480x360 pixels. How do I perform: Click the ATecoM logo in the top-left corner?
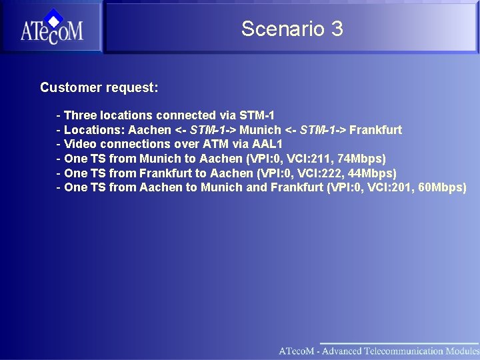coord(51,27)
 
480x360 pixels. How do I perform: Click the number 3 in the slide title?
coord(336,29)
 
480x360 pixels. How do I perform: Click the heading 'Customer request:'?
coord(99,87)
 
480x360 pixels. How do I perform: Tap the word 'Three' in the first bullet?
coord(80,115)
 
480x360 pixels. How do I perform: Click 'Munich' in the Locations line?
coord(260,130)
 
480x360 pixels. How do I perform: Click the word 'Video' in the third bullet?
coord(79,144)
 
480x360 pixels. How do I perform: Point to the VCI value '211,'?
coord(325,159)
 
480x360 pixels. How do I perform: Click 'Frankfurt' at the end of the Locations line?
coord(375,130)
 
